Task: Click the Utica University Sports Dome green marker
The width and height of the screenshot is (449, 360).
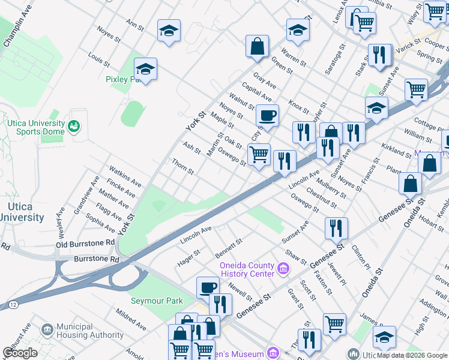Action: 74,126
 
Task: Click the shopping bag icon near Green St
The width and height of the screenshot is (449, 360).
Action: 257,46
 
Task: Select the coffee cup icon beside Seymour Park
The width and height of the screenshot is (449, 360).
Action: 208,287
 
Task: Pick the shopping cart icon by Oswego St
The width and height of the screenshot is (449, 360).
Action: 259,154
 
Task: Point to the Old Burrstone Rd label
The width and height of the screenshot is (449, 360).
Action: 85,243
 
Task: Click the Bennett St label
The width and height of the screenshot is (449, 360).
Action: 228,248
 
